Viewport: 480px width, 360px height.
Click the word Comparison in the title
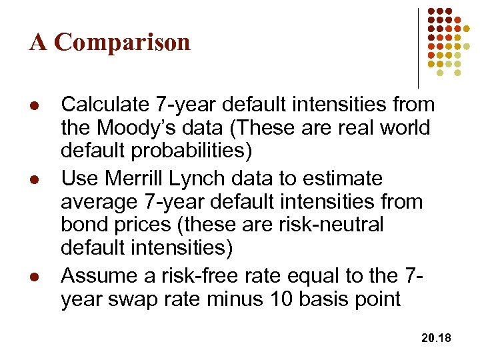pyautogui.click(x=123, y=43)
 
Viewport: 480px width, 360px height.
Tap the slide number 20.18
pyautogui.click(x=437, y=339)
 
